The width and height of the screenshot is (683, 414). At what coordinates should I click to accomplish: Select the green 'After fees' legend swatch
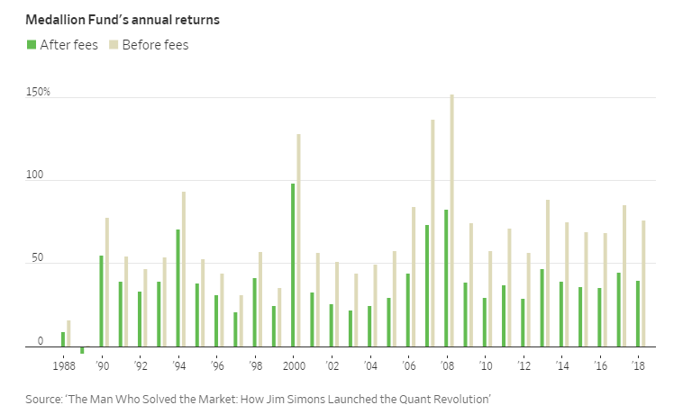click(32, 45)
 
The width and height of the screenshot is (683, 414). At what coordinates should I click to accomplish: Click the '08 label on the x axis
click(448, 367)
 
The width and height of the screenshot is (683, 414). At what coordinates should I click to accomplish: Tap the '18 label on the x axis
click(639, 367)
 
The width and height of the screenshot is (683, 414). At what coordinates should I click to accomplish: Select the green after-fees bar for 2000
click(293, 265)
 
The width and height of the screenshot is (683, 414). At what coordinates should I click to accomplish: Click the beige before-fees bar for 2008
click(451, 220)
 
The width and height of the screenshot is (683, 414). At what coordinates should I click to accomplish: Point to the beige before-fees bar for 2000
click(298, 240)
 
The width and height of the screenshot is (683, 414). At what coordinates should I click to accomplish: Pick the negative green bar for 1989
click(82, 350)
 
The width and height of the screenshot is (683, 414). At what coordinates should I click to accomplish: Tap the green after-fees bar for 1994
click(178, 288)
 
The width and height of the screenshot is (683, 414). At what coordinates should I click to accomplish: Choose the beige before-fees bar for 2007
click(433, 233)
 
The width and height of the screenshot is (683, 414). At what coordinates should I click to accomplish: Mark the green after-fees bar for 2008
click(446, 278)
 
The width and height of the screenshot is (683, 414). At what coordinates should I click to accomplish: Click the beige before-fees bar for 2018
click(643, 283)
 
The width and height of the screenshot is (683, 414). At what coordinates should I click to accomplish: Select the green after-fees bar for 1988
click(63, 339)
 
